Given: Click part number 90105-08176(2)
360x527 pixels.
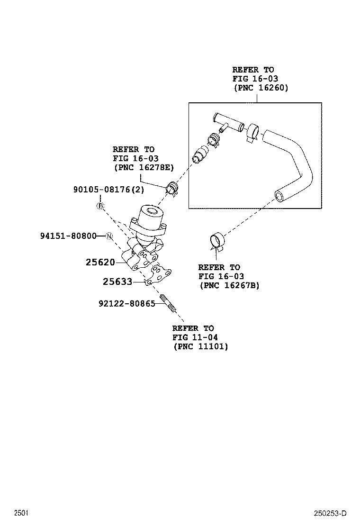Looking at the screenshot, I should click(x=108, y=190).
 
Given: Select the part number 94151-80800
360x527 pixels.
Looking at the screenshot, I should click(x=68, y=236).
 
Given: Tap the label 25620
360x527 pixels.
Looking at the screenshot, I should click(x=100, y=262).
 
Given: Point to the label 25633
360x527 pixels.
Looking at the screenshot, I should click(x=117, y=282).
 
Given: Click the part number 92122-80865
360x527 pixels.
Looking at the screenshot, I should click(x=126, y=303).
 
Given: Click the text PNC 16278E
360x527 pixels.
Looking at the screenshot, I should click(x=144, y=167).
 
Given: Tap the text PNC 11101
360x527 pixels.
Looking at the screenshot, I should click(x=201, y=346).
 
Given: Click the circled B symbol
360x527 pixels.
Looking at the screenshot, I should click(x=100, y=206).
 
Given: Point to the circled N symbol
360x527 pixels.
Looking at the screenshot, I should click(x=109, y=236).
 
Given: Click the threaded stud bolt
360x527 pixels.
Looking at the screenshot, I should click(x=168, y=303).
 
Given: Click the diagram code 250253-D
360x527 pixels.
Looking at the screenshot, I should click(x=330, y=513).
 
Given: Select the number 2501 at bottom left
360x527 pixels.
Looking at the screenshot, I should click(x=21, y=513).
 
